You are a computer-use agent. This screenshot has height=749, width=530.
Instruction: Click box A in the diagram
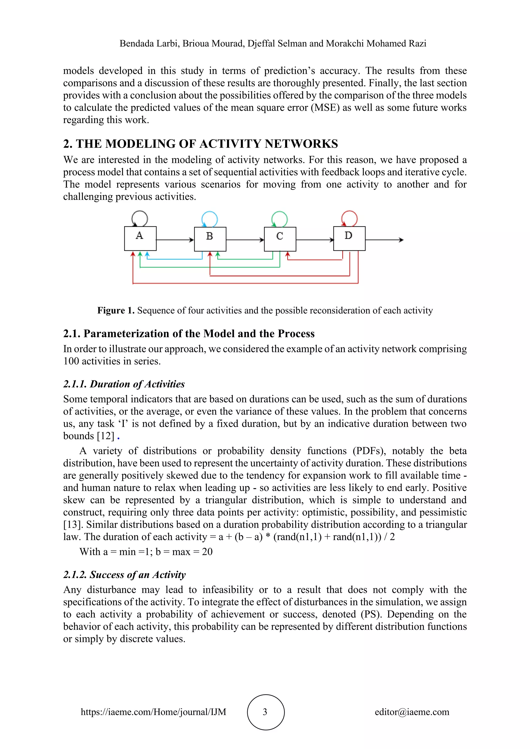tap(140, 238)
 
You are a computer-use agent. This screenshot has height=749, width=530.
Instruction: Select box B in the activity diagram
tap(210, 239)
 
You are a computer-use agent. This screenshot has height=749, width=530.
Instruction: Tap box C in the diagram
tap(280, 239)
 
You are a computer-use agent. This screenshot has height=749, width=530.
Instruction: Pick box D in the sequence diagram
tap(349, 238)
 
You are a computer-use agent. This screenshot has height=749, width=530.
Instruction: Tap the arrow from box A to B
tap(175, 240)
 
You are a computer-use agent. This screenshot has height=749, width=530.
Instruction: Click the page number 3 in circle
tap(265, 712)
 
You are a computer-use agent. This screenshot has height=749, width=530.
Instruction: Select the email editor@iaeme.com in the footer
tap(412, 712)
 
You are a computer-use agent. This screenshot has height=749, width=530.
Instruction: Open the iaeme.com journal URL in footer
tap(153, 712)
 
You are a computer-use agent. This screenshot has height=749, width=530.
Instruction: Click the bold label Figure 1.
tap(116, 310)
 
